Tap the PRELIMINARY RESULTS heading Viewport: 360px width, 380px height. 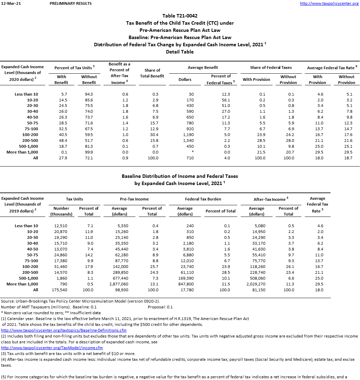tap(71, 3)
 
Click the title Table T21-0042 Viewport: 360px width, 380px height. tap(180, 16)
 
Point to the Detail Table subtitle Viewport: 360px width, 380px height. tap(180, 52)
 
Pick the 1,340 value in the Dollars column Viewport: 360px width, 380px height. tap(190, 140)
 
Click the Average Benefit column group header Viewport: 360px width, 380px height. tap(203, 68)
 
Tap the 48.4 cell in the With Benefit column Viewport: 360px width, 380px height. tap(62, 140)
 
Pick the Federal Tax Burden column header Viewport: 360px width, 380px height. tap(203, 199)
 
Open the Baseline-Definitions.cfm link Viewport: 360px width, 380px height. tap(64, 330)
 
